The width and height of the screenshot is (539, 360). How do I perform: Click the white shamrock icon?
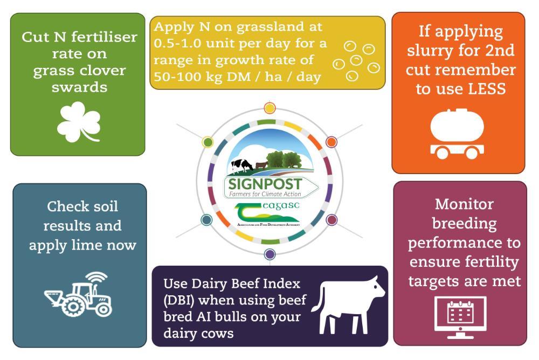(79, 122)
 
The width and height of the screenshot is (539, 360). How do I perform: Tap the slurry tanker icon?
(457, 134)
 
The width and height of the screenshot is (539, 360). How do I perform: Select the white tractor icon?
(78, 295)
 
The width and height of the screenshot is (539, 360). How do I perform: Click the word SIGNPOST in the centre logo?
(265, 184)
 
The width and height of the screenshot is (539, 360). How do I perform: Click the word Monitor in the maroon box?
(464, 204)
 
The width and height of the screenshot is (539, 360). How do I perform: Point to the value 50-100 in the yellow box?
(177, 77)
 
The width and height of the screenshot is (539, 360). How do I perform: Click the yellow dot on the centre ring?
(269, 108)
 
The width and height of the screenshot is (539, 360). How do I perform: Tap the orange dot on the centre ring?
(331, 142)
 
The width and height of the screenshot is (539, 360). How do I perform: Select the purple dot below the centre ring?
(270, 254)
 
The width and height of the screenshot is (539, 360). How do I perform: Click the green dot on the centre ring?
(208, 142)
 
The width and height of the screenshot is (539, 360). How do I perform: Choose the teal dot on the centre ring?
(206, 220)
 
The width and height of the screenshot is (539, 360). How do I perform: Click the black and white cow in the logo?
(242, 165)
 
